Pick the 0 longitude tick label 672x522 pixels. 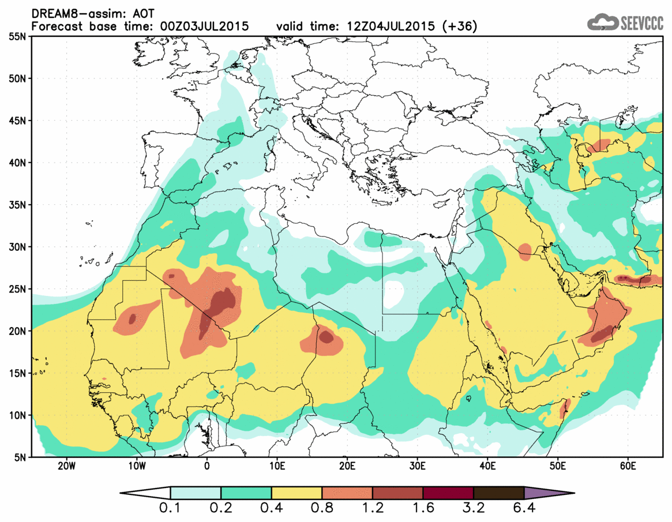207,465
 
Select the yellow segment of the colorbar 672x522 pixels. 296,493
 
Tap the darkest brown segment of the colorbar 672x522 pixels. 498,493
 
